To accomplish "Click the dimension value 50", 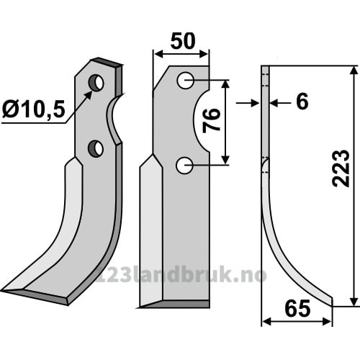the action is pyautogui.click(x=183, y=41).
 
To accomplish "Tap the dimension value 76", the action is pyautogui.click(x=211, y=120).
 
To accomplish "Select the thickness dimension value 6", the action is pyautogui.click(x=302, y=102).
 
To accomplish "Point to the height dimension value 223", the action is pyautogui.click(x=341, y=168).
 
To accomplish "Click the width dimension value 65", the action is pyautogui.click(x=297, y=309).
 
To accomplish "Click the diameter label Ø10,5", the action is pyautogui.click(x=34, y=109).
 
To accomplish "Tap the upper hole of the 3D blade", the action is pyautogui.click(x=96, y=83).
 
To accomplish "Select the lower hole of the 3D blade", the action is pyautogui.click(x=96, y=148).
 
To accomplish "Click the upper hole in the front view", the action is pyautogui.click(x=186, y=81).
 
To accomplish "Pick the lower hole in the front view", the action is pyautogui.click(x=184, y=166).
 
